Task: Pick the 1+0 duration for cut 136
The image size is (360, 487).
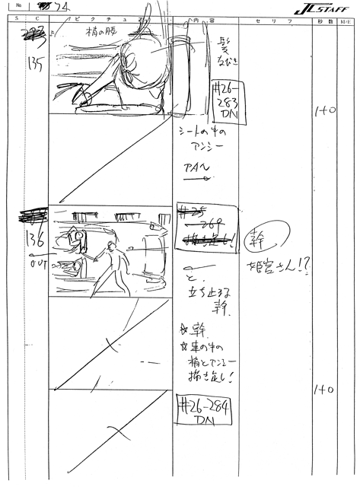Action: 325,390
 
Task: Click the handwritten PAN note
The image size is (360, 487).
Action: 196,168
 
